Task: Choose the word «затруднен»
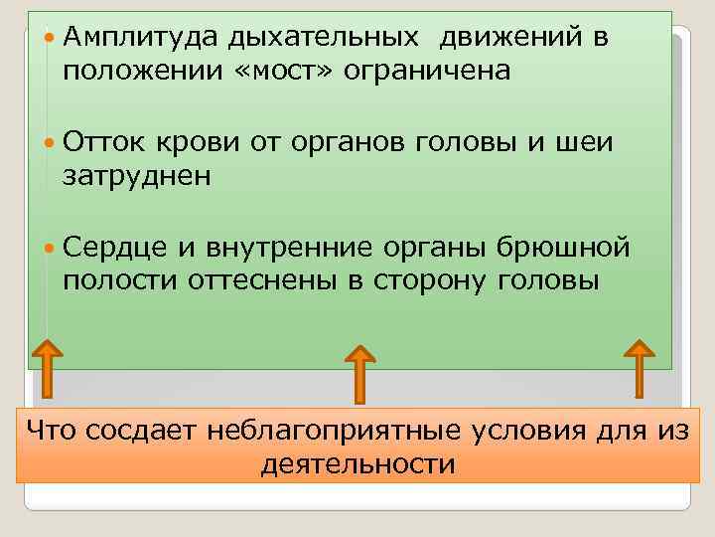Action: tap(137, 177)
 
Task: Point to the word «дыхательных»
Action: tap(322, 39)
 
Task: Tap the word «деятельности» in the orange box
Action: tap(357, 464)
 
